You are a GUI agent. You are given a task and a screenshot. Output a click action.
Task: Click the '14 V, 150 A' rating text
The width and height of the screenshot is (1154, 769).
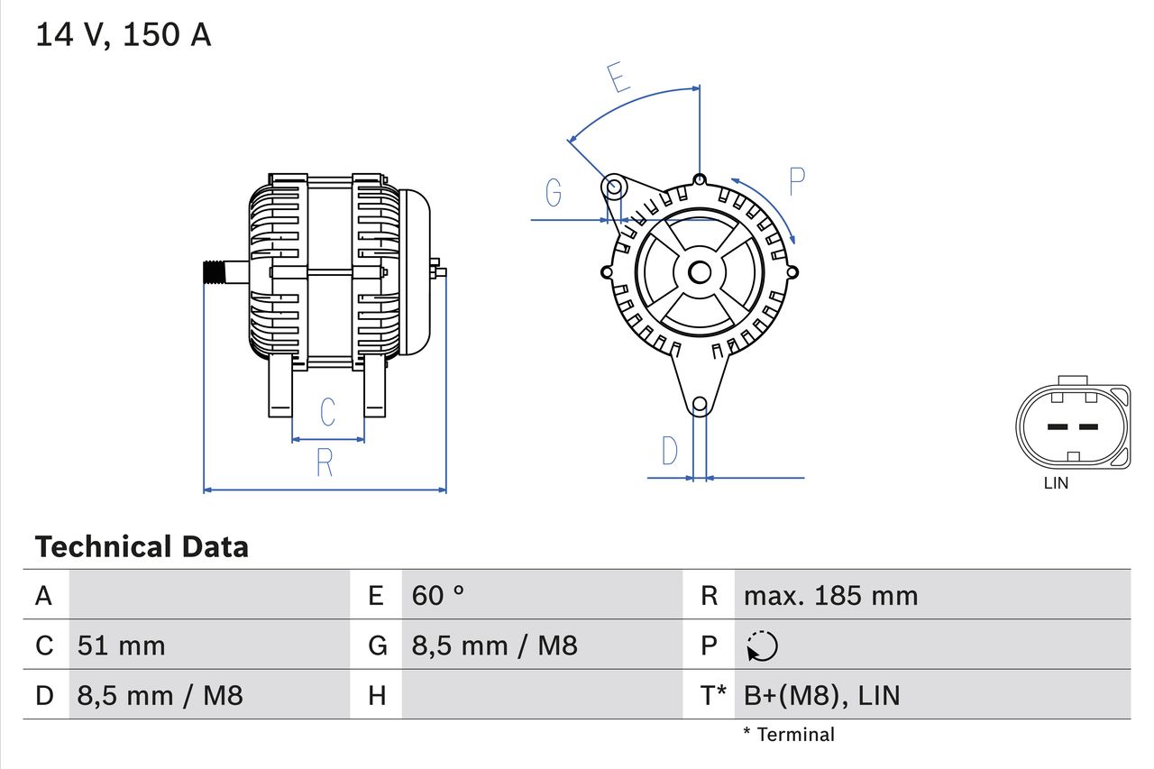pyautogui.click(x=123, y=35)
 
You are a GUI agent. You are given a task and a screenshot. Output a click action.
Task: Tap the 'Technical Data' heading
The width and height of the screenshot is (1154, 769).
pyautogui.click(x=142, y=547)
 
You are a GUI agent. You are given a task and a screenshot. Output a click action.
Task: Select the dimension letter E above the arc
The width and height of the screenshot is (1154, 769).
pyautogui.click(x=618, y=78)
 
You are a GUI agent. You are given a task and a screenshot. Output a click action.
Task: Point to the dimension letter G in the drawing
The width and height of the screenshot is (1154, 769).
pyautogui.click(x=554, y=192)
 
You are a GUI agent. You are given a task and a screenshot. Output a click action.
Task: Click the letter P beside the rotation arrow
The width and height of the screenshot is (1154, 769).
pyautogui.click(x=796, y=181)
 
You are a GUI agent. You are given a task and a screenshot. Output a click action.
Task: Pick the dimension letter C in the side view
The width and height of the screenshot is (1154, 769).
pyautogui.click(x=327, y=411)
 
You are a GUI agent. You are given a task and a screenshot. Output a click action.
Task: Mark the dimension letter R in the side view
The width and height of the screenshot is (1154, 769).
pyautogui.click(x=325, y=462)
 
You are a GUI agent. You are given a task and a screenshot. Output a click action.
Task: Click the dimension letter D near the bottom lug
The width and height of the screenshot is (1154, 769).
pyautogui.click(x=669, y=451)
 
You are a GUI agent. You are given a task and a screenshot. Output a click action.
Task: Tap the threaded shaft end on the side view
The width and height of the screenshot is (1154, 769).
pyautogui.click(x=213, y=271)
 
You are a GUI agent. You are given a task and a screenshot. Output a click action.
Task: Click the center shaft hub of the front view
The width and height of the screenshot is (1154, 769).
pyautogui.click(x=700, y=271)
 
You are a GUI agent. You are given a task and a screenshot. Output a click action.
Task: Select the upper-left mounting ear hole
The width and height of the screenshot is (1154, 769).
pyautogui.click(x=613, y=188)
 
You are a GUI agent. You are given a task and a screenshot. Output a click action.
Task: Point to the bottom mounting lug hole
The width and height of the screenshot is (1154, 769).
pyautogui.click(x=700, y=405)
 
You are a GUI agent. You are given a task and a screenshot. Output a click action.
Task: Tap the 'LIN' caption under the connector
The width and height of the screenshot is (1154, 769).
pyautogui.click(x=1056, y=483)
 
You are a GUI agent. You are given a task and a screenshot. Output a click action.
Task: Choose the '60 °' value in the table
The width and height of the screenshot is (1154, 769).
pyautogui.click(x=438, y=595)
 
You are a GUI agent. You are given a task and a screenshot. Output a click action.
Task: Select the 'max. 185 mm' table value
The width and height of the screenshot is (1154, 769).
pyautogui.click(x=830, y=595)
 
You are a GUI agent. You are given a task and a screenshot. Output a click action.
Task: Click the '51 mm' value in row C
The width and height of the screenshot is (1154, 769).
pyautogui.click(x=122, y=645)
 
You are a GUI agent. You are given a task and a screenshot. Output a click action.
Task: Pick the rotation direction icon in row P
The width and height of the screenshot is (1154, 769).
pyautogui.click(x=762, y=645)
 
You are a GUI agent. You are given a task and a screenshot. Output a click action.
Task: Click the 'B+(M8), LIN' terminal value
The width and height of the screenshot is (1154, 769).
pyautogui.click(x=821, y=695)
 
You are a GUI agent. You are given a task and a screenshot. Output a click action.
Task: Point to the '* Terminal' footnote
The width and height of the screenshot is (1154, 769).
pyautogui.click(x=789, y=735)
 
